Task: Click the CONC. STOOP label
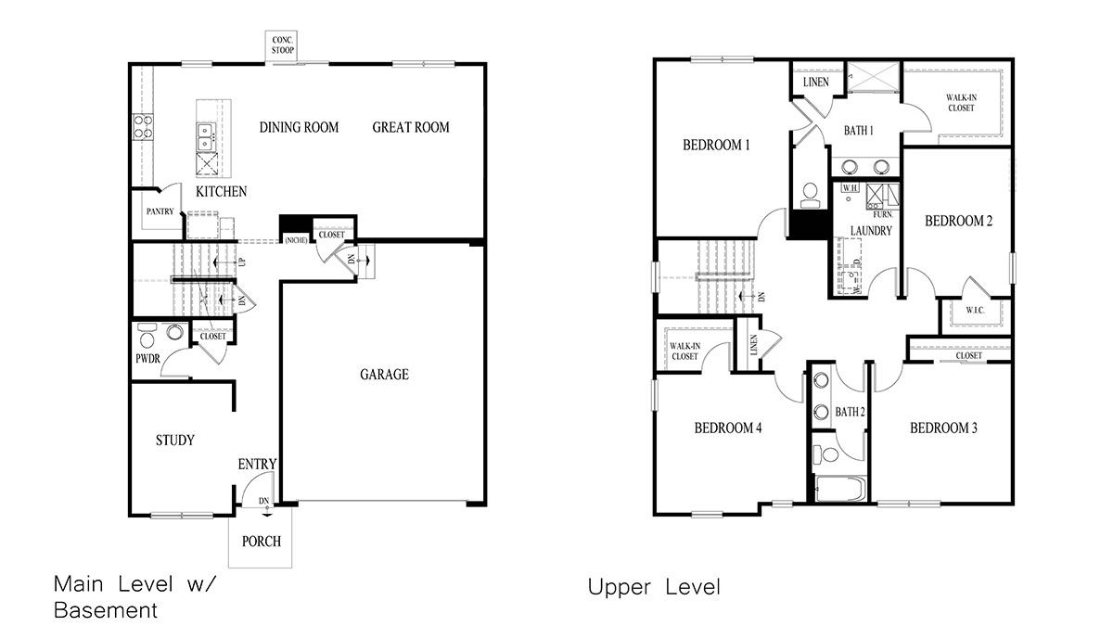(283, 45)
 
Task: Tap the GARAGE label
(384, 375)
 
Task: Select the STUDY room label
(174, 440)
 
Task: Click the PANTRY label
(160, 211)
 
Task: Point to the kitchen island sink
(205, 137)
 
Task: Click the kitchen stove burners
(143, 126)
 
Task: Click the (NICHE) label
(296, 239)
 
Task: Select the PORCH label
(261, 542)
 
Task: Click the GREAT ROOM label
(411, 127)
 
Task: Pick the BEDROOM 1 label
(716, 145)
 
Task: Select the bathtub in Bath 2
(839, 488)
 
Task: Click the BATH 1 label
(858, 131)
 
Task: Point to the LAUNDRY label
(870, 230)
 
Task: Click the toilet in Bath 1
(809, 193)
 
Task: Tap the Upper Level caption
(653, 587)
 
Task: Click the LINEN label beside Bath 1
(815, 82)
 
